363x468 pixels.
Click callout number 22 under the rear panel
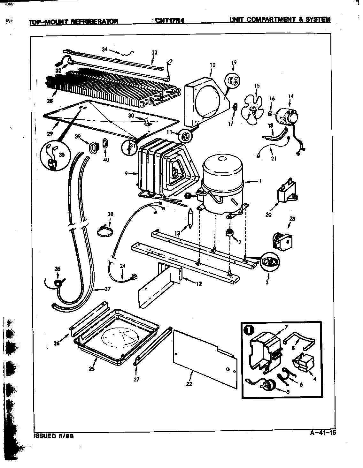pos(189,384)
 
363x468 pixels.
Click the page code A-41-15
pos(323,433)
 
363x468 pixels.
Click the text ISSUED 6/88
pos(53,436)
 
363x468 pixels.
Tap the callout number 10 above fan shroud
pos(212,65)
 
